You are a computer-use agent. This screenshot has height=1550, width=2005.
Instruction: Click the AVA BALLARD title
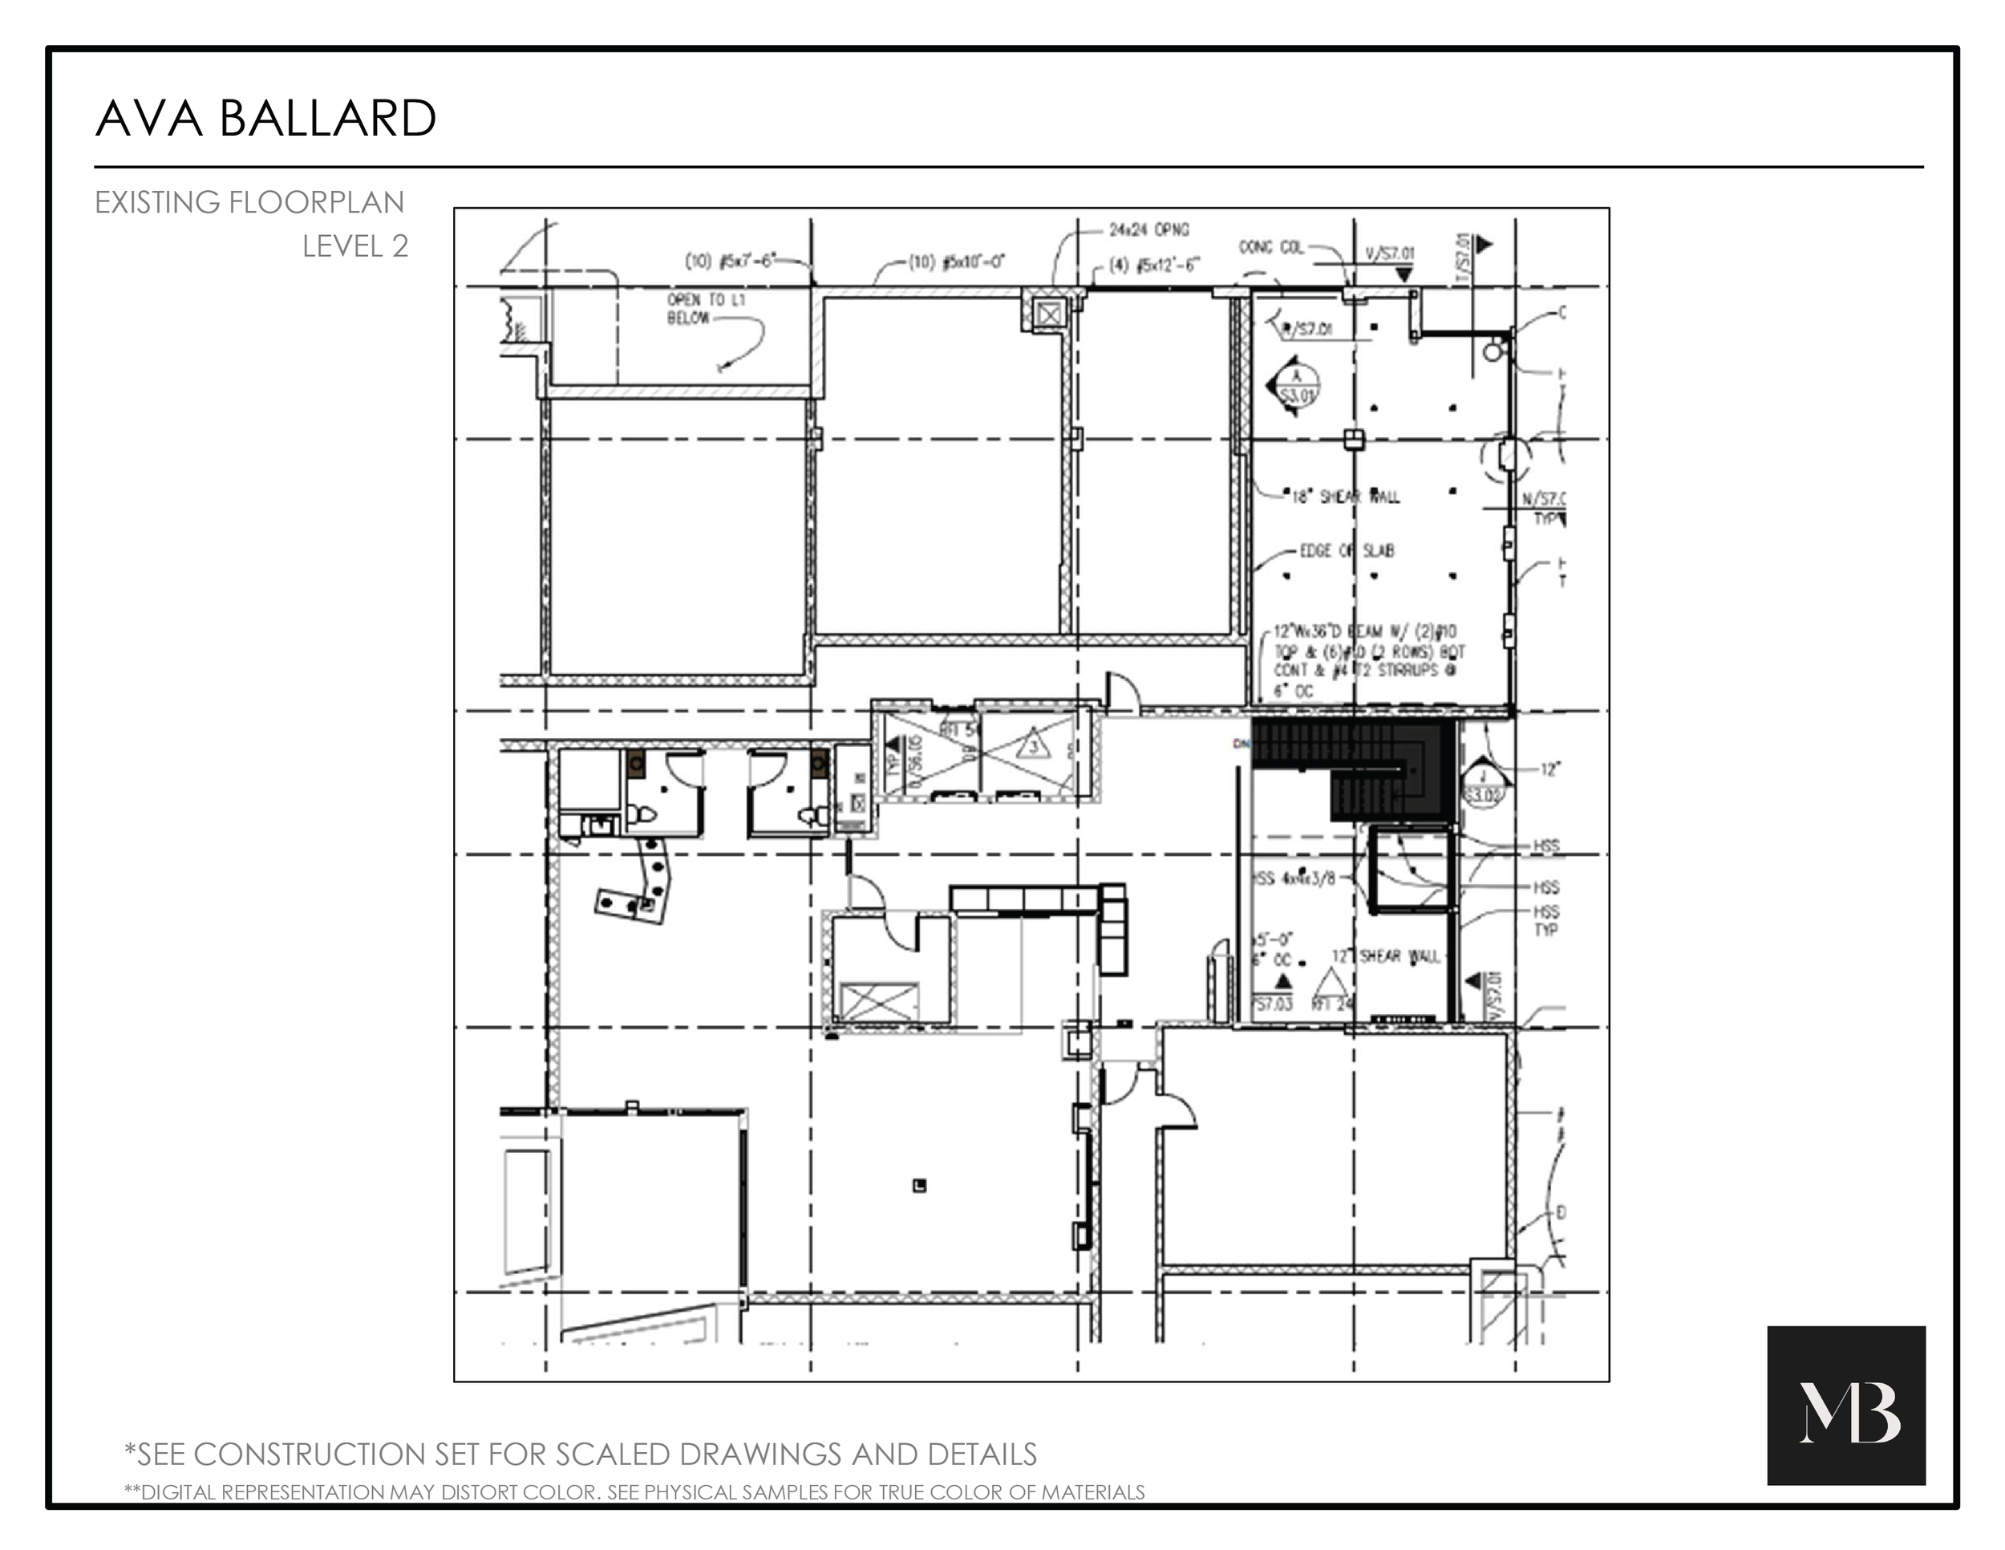[x=265, y=120]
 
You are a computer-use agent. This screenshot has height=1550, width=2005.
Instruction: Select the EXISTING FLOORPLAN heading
[x=249, y=202]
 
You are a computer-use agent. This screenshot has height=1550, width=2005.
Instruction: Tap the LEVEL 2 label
[x=355, y=246]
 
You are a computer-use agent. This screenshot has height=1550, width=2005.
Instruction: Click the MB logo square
[x=1846, y=1405]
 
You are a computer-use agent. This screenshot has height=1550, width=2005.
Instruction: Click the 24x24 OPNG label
[x=1148, y=229]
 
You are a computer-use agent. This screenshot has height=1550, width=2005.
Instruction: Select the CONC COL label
[x=1270, y=247]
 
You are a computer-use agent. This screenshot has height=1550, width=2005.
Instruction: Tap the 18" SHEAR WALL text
[x=1345, y=497]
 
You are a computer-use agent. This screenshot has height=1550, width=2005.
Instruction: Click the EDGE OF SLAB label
[x=1347, y=551]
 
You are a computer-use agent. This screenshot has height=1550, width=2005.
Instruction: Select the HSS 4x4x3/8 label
[x=1295, y=878]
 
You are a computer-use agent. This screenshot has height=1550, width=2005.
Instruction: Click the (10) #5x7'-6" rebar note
[x=731, y=262]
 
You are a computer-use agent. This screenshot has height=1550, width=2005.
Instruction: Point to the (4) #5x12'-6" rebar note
[x=1154, y=266]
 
